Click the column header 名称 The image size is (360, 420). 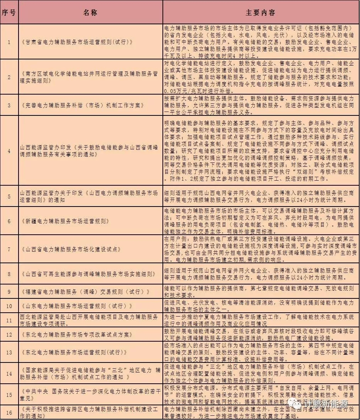pyautogui.click(x=90, y=12)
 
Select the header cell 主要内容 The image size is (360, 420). pyautogui.click(x=260, y=12)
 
